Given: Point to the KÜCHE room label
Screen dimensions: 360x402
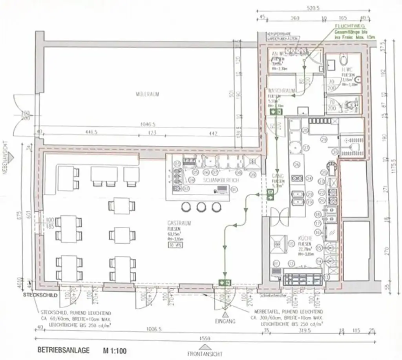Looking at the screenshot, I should (304, 238).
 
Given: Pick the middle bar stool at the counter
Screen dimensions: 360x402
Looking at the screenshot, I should (201, 207).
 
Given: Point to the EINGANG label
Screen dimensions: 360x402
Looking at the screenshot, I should (225, 321).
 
